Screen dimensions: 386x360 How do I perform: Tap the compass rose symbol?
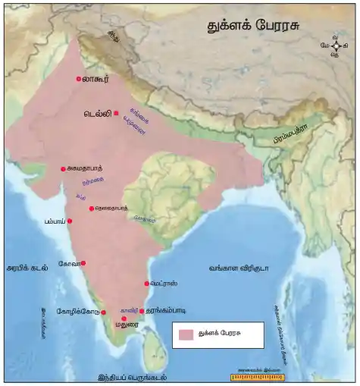pos(335,46)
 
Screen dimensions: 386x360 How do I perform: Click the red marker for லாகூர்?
pos(79,79)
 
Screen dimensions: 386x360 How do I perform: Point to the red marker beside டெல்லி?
pos(116,113)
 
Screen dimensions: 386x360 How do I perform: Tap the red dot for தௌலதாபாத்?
pos(91,209)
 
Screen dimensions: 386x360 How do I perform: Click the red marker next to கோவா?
pos(83,263)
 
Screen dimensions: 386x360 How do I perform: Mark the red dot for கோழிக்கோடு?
pos(103,312)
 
